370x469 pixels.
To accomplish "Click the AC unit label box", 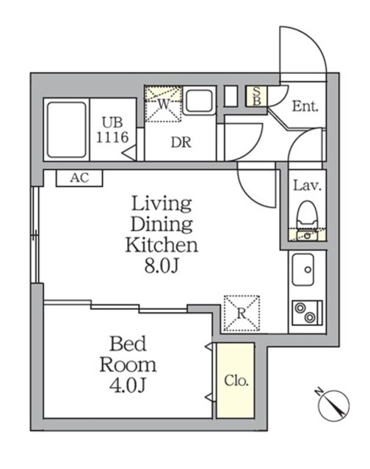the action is click(79, 178).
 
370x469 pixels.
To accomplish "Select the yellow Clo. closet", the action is click(236, 380).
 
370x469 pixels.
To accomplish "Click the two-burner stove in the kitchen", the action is click(307, 313).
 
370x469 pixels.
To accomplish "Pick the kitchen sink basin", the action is click(303, 270).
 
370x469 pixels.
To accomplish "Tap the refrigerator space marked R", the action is click(242, 313).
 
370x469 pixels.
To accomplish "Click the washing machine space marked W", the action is click(163, 104).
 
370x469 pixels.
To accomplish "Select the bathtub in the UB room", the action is click(67, 130).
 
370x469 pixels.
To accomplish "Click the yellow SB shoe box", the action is click(256, 96).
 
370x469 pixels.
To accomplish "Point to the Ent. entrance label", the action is click(305, 106).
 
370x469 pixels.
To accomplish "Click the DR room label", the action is click(181, 142).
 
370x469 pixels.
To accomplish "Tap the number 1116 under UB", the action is click(112, 137).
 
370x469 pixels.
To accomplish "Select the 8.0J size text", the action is click(162, 265).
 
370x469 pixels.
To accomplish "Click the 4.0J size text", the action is click(128, 385).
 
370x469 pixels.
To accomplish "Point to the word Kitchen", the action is click(162, 245).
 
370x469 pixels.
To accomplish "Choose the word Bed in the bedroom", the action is click(128, 344).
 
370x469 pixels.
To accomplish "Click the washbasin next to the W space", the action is click(199, 101).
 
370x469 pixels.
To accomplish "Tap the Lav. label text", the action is click(307, 185).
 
